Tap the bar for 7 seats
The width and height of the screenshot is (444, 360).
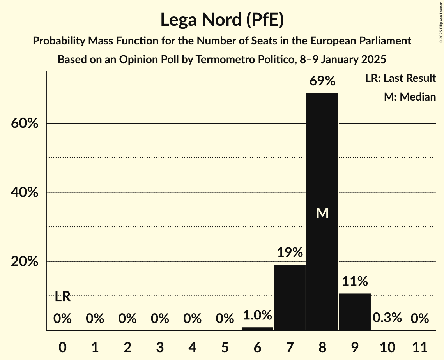click(x=290, y=297)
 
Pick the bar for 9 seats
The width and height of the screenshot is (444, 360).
click(x=355, y=312)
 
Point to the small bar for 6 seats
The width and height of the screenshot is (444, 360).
click(x=257, y=328)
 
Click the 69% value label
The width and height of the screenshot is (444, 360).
click(x=322, y=81)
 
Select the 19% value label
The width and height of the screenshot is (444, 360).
click(x=290, y=252)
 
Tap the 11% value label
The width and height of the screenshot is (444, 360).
click(x=355, y=281)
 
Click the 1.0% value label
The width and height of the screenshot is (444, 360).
click(x=257, y=315)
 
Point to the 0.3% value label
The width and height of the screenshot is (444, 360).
click(x=387, y=318)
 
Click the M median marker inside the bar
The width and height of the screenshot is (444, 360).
click(x=322, y=213)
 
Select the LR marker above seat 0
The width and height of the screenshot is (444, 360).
click(x=62, y=297)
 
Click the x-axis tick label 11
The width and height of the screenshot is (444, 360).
click(x=420, y=346)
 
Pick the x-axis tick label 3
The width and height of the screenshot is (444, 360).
click(x=160, y=346)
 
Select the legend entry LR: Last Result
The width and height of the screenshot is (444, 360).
click(x=400, y=78)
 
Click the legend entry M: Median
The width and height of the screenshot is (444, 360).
click(x=410, y=97)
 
